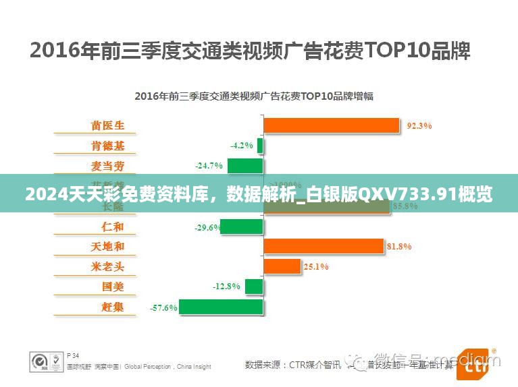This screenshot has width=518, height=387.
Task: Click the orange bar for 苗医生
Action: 331,125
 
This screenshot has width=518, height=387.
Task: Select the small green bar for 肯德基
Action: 260,146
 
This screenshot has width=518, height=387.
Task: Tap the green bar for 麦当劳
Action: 244,166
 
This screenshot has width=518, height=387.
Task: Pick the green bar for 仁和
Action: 242,227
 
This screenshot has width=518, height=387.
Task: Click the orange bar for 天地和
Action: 323,247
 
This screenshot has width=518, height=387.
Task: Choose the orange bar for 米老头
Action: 282,266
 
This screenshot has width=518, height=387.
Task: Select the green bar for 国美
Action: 253,287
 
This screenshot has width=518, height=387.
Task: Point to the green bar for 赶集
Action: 221,307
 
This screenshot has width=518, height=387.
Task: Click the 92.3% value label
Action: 419,125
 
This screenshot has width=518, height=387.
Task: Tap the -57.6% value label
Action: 163,307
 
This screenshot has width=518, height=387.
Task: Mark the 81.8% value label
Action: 398,247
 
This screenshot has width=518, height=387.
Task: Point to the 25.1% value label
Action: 315,266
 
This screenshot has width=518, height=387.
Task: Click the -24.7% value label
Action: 209,166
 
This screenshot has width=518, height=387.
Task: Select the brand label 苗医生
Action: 107,125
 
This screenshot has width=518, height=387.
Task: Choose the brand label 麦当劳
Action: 107,166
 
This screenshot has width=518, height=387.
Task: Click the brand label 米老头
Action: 107,266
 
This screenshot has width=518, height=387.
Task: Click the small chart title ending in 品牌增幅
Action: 253,96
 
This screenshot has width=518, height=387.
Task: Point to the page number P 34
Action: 73,355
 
